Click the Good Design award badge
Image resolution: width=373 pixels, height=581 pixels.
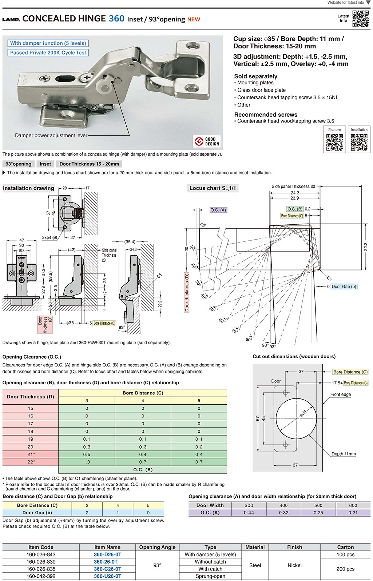pos(207,141)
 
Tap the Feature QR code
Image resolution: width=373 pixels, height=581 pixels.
pos(334,142)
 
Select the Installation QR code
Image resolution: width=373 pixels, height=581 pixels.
pos(359,142)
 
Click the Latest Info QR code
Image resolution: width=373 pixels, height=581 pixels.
pos(361,19)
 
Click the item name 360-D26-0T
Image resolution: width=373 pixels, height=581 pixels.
pos(107,554)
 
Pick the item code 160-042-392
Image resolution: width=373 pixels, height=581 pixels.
pos(41,576)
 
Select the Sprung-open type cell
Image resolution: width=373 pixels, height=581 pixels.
pos(210,576)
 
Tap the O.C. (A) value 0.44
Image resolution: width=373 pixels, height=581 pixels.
pos(249,513)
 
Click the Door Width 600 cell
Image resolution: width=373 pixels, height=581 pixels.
pos(353,505)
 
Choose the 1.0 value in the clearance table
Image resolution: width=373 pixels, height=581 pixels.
pos(87,462)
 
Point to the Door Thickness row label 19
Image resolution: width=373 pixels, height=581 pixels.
pos(31,439)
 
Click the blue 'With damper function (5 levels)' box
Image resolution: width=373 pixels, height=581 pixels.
pos(48,43)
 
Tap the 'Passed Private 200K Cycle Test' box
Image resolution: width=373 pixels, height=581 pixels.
pos(48,53)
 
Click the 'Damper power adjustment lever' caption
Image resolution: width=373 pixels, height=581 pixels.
pos(51,136)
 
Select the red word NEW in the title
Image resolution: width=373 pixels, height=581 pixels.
pos(194,20)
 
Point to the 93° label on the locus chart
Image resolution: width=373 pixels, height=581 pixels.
pos(273,346)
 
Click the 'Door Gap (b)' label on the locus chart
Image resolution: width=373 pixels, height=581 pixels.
pos(344,287)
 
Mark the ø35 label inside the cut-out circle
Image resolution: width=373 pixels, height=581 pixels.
pos(303,414)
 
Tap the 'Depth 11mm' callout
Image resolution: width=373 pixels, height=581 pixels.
pos(344,454)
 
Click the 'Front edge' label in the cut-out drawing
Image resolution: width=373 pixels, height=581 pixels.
pos(341,394)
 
